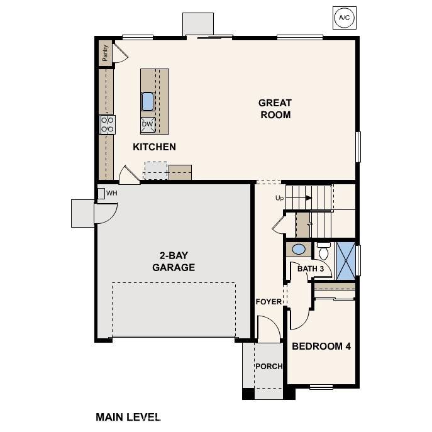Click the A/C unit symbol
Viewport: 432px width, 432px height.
click(344, 18)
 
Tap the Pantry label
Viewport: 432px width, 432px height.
click(105, 53)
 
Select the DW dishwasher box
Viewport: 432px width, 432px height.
click(147, 124)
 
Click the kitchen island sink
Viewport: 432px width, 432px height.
click(148, 101)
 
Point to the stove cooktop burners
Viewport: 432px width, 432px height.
click(108, 124)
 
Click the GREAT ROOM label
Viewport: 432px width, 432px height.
click(275, 109)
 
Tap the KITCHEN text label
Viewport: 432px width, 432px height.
click(154, 147)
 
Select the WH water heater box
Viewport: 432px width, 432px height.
click(101, 193)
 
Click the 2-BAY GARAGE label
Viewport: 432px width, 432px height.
click(174, 262)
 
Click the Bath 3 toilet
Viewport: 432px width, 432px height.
click(324, 252)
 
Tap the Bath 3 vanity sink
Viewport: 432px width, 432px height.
click(299, 250)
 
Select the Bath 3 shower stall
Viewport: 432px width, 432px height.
click(345, 258)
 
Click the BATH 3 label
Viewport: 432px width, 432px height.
click(311, 269)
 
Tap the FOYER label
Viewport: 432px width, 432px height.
click(269, 302)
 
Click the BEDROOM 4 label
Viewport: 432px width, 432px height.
click(321, 346)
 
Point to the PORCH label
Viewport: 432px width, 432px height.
click(269, 367)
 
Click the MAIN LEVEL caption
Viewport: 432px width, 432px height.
click(128, 416)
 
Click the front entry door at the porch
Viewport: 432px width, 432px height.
click(269, 330)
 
